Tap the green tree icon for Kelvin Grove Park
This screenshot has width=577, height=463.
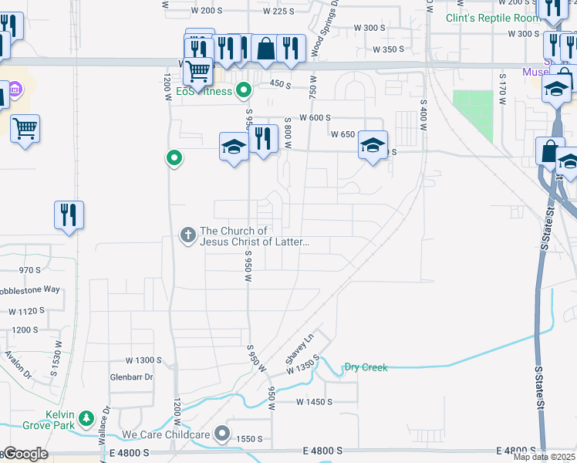(x=88, y=419)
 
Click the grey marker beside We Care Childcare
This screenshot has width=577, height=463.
(x=222, y=434)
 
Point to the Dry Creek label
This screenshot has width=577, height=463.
(x=366, y=367)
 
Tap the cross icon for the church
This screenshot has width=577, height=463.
(x=187, y=235)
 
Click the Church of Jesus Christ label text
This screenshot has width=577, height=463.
(x=255, y=236)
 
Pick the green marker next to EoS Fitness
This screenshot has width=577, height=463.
(x=244, y=92)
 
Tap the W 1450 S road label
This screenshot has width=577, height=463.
(x=314, y=402)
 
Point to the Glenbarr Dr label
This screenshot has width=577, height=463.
(x=132, y=377)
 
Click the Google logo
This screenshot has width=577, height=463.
(x=25, y=454)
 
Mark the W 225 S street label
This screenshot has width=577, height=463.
(x=278, y=11)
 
